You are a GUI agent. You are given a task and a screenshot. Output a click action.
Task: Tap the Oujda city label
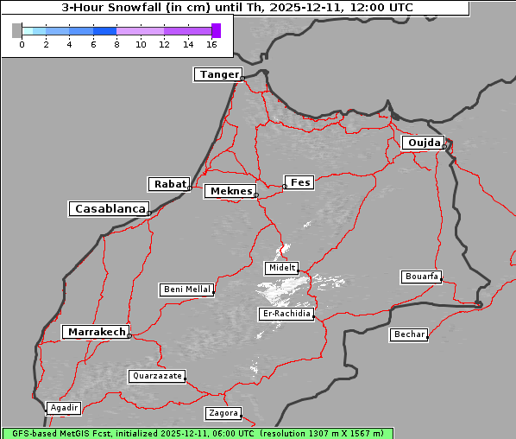tap(423, 143)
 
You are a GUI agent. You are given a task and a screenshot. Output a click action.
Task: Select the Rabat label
tap(169, 184)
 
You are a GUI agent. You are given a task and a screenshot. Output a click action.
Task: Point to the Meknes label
tap(230, 191)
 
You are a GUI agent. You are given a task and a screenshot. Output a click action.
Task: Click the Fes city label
tap(299, 182)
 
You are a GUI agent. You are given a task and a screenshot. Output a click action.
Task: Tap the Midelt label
tap(281, 268)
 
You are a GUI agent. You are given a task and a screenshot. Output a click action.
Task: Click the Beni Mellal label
tap(186, 289)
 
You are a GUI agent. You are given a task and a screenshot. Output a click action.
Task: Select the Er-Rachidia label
tap(286, 314)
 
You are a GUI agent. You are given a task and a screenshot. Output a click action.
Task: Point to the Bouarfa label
tap(421, 277)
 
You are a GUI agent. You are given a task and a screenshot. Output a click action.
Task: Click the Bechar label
tap(408, 334)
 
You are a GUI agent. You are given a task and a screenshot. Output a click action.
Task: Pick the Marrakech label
tap(96, 332)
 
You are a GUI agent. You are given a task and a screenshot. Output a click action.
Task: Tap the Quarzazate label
tap(156, 376)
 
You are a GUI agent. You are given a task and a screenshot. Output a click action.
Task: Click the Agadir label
tap(64, 408)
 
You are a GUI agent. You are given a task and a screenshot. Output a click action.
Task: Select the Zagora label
tap(223, 413)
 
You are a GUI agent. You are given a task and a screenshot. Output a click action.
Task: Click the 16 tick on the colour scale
tap(211, 44)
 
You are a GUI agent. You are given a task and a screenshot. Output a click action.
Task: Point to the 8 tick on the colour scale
tap(116, 44)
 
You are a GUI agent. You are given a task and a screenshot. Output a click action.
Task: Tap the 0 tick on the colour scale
tap(22, 44)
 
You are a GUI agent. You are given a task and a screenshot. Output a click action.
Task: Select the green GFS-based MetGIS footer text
tap(198, 433)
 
